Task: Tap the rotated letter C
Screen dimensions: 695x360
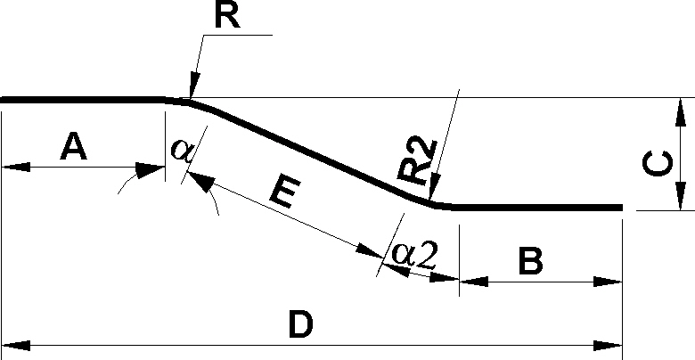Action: coord(657,164)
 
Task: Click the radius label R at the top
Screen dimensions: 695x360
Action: coord(227,16)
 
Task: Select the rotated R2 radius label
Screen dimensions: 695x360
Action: coord(417,160)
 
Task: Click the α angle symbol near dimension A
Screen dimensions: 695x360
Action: coord(181,149)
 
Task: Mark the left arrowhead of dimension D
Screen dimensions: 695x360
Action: coord(16,346)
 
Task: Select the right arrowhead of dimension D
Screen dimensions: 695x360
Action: coord(608,346)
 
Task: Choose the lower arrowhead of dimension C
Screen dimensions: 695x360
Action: coord(679,196)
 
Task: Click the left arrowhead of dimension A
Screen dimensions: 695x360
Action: coord(16,168)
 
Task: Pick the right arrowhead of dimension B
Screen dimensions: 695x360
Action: coord(608,282)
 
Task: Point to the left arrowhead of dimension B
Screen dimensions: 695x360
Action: coord(474,282)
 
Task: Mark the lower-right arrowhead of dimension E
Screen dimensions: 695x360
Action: coord(370,251)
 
